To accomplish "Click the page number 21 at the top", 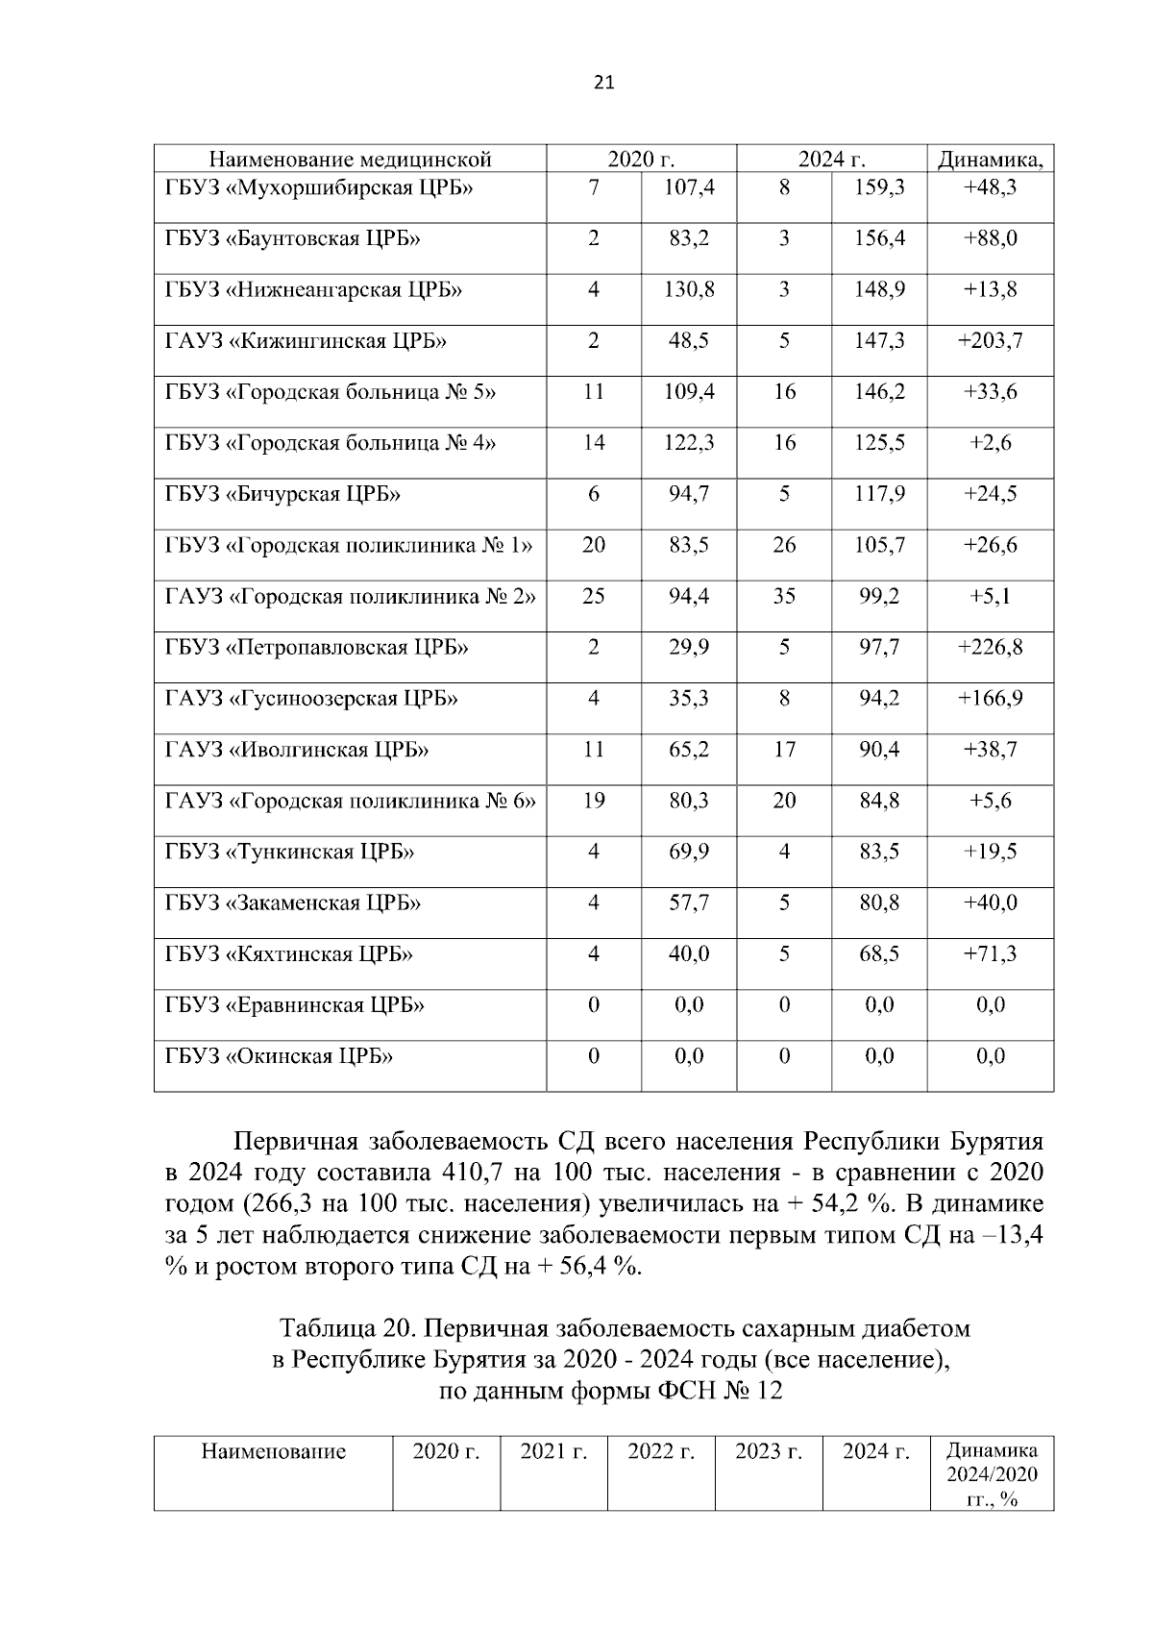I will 603,83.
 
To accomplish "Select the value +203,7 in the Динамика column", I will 990,340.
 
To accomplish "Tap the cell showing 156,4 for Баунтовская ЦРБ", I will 879,238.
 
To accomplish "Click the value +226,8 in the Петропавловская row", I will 990,647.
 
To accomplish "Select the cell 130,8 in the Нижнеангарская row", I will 689,289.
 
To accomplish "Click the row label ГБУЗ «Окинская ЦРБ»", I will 279,1056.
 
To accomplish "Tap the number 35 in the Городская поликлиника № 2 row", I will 784,596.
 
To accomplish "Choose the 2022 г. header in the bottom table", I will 660,1451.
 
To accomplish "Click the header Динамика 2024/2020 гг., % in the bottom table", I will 991,1474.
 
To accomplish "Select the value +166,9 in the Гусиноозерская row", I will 990,698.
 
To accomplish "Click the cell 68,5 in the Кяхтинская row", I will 879,953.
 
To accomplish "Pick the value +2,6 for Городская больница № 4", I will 990,443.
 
